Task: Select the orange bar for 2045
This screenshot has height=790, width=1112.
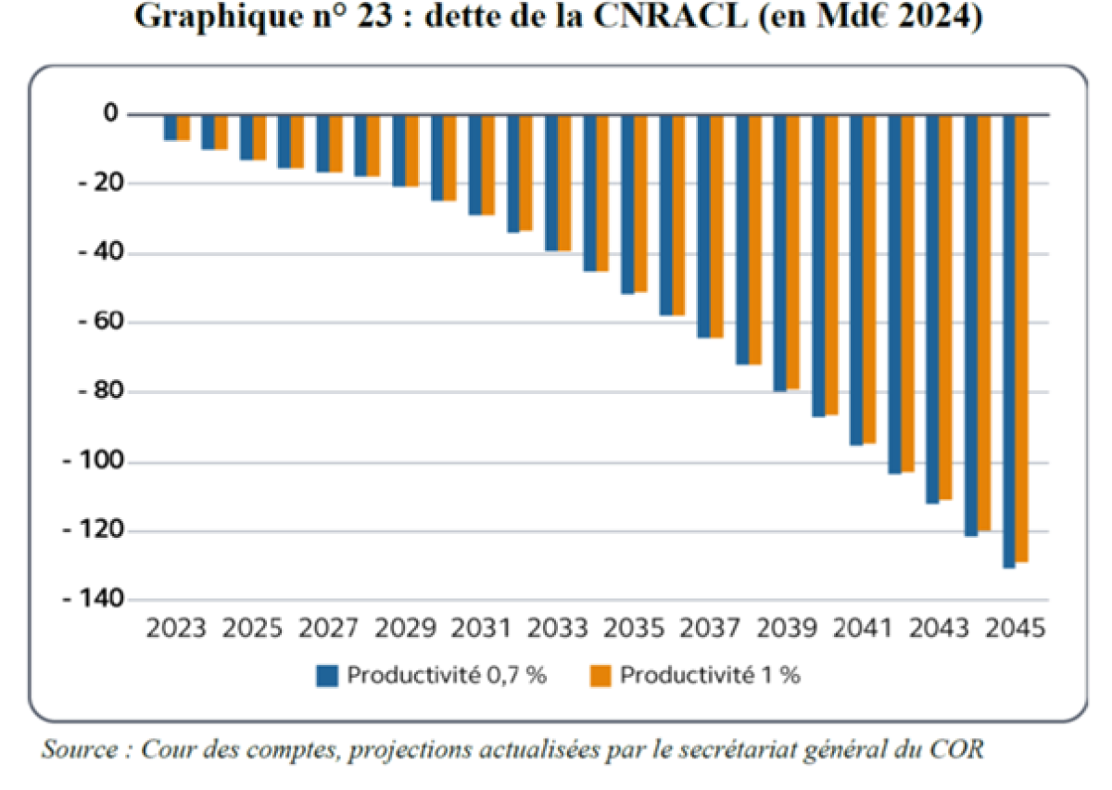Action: [1021, 338]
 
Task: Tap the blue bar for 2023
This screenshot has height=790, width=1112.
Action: [171, 127]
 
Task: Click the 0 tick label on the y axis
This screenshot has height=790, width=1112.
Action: [111, 114]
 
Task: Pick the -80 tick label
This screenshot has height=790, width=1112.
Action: [98, 391]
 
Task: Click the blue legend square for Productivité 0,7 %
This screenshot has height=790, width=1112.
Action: [326, 676]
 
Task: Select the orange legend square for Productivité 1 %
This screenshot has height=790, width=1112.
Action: [600, 676]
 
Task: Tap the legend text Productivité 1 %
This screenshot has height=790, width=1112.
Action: [711, 675]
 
